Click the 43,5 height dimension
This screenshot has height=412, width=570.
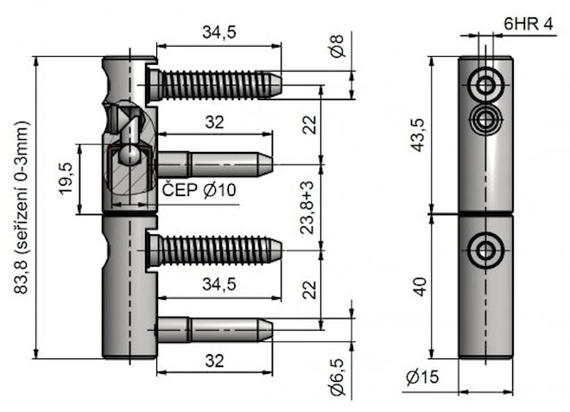419,135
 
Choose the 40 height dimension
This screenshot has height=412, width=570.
419,287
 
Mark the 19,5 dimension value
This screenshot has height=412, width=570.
66,179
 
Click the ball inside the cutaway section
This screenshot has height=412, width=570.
129,155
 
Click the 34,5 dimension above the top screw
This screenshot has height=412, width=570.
219,33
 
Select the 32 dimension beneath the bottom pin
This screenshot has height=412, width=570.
214,361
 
